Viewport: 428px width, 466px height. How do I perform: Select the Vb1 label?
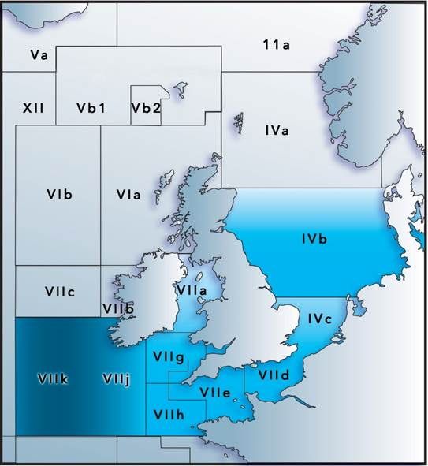[x=91, y=107]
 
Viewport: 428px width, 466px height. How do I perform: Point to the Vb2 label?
[x=147, y=107]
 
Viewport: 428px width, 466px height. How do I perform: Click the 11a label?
[x=276, y=45]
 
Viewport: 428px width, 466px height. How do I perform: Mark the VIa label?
[x=128, y=194]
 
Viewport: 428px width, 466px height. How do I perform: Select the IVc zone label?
[x=323, y=318]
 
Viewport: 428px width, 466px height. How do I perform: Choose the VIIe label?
[x=214, y=392]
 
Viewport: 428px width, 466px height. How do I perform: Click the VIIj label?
[x=116, y=379]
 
